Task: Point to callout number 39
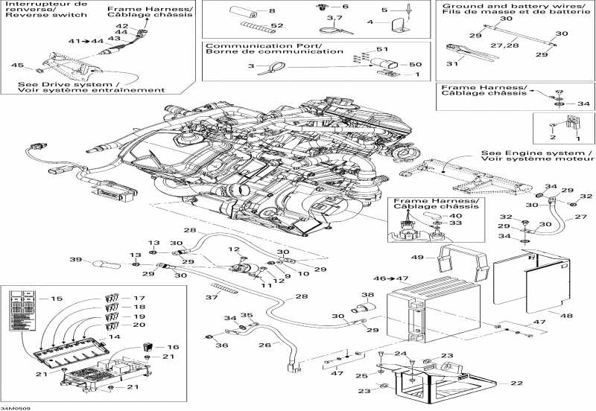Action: click(x=74, y=259)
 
